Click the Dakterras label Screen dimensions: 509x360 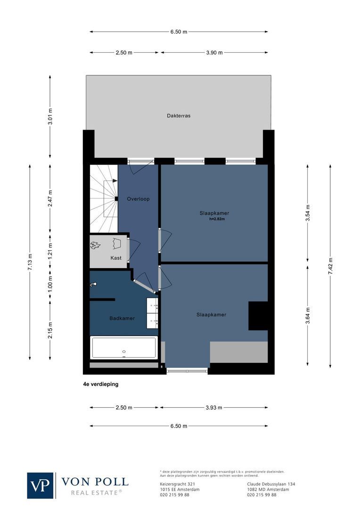(179, 115)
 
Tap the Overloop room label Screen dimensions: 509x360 (138, 199)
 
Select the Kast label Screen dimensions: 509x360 (116, 258)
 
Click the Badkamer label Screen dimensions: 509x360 (122, 318)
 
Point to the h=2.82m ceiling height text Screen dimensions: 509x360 (217, 219)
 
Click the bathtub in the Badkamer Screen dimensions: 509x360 (124, 348)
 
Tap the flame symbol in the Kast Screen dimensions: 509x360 (95, 245)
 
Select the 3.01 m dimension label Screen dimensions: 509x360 (50, 116)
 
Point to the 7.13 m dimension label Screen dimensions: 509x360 (30, 262)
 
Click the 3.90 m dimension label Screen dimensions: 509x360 (214, 53)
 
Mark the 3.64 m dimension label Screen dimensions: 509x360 (308, 315)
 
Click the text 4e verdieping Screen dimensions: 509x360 (100, 384)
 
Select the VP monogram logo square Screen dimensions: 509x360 (41, 485)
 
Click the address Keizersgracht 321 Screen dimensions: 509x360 (177, 484)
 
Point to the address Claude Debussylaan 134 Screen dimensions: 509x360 (271, 484)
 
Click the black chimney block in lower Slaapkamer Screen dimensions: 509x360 (258, 315)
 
